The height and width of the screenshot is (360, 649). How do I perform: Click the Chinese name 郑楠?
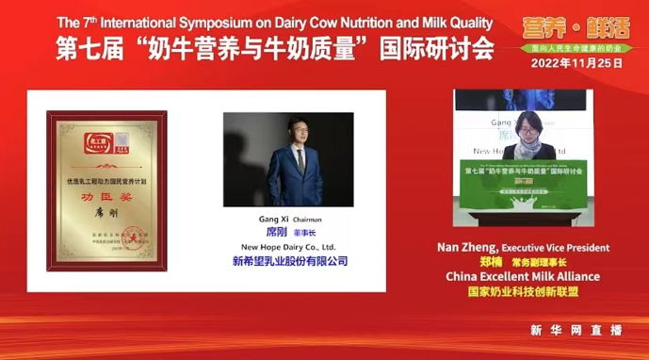[491, 262]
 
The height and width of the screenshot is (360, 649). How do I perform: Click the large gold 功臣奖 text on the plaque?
[105, 200]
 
